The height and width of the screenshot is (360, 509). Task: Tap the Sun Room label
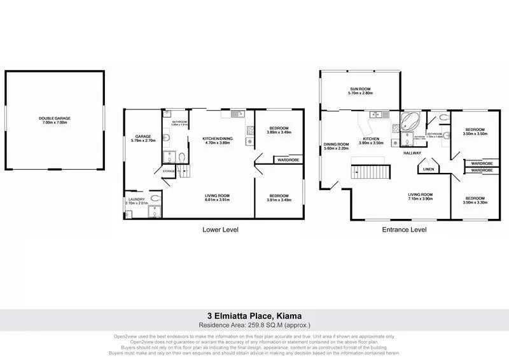click(360, 89)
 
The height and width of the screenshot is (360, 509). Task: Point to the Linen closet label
click(428, 169)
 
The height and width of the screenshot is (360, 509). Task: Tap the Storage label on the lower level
click(169, 171)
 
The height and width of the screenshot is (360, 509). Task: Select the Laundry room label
click(137, 199)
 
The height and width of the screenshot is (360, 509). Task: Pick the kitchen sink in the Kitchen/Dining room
click(235, 114)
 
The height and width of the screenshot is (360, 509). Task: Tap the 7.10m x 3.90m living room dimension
click(420, 199)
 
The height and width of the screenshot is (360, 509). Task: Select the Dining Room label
click(336, 144)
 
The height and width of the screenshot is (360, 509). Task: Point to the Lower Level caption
click(220, 230)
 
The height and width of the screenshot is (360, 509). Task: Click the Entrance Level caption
click(405, 230)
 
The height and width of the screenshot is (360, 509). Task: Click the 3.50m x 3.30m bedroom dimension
click(474, 202)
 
